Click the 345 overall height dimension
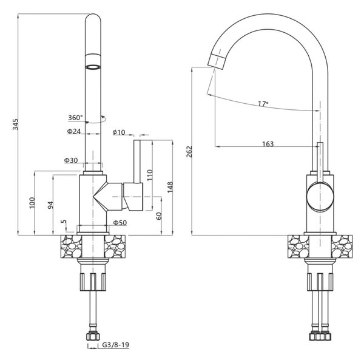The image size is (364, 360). click(x=15, y=124)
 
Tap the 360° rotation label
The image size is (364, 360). click(x=75, y=118)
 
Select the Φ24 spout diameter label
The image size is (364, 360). click(x=74, y=132)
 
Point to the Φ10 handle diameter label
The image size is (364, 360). click(x=119, y=132)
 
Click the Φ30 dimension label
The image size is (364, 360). click(x=71, y=160)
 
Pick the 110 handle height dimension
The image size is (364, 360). click(x=150, y=175)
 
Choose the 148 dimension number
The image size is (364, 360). click(x=170, y=187)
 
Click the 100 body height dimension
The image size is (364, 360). click(x=32, y=203)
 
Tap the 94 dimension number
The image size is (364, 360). click(x=50, y=205)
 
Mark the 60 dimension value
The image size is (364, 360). click(x=159, y=216)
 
